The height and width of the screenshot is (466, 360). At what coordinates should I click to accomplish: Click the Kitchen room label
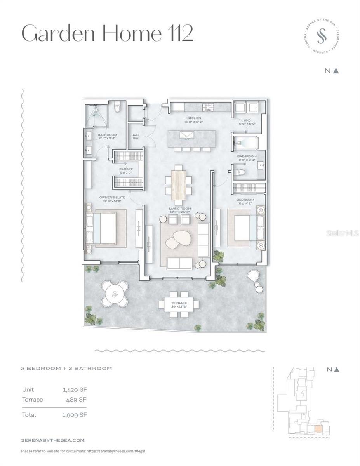193,118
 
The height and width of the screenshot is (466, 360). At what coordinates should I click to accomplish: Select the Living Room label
179,209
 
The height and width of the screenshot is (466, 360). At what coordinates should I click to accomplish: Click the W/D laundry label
247,120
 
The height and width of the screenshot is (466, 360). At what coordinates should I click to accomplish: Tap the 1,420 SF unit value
74,389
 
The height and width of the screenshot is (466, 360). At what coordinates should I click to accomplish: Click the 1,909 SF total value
75,415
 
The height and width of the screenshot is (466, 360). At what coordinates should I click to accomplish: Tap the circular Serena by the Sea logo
321,38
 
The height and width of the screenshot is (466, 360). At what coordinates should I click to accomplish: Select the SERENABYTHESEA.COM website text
52,440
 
